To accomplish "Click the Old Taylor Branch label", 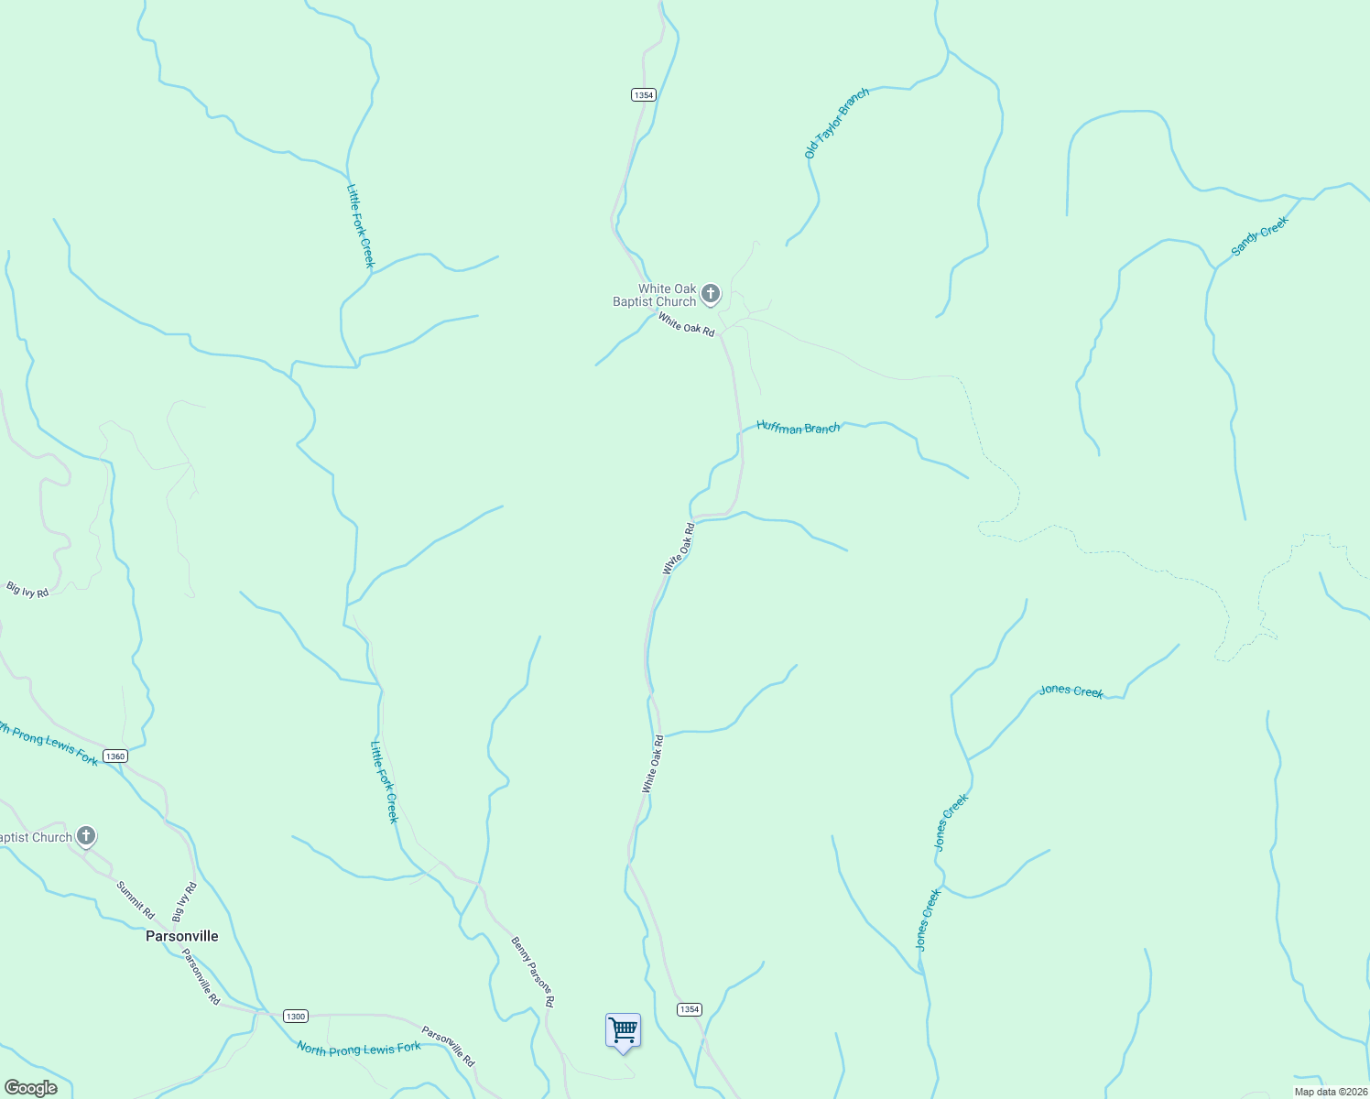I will coord(836,124).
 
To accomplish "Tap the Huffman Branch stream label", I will coord(798,428).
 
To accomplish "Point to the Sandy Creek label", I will coord(1259,235).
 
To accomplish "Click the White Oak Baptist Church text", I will coord(655,295).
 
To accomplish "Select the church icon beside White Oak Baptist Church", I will coord(711,294).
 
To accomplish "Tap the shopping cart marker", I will coord(623,1030).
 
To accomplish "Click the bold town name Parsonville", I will coord(182,936).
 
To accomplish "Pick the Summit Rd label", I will coord(136,900).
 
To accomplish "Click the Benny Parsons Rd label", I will coord(533,972).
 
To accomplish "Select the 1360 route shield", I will coord(114,756).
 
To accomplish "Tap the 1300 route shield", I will coord(295,1016).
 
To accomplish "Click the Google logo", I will coord(30,1088).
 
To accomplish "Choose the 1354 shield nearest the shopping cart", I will coord(689,1009).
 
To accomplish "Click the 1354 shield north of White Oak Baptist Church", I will coord(644,95).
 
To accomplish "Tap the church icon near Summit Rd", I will coord(86,835).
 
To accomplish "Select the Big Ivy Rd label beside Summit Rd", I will coord(184,901).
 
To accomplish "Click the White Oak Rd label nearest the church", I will coord(686,324).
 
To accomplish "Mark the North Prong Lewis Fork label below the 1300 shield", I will coord(359,1049).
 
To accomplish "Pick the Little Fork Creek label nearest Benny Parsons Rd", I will coord(384,781).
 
